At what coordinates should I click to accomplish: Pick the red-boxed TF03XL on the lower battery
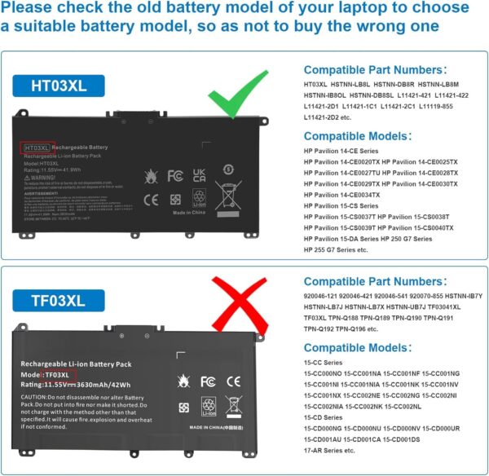click(x=61, y=374)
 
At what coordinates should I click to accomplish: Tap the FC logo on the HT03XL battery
click(x=174, y=175)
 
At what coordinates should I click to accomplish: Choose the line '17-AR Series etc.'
click(x=335, y=450)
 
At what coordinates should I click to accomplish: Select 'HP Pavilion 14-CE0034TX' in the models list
click(x=346, y=195)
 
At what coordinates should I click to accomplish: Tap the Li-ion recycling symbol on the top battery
click(x=199, y=197)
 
